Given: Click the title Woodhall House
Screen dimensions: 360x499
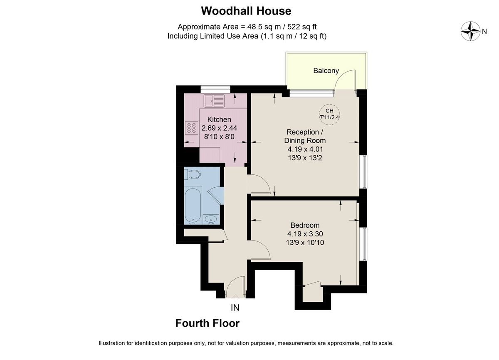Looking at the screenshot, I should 246,10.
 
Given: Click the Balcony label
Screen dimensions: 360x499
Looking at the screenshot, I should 326,71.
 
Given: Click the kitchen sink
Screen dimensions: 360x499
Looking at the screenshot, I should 214,99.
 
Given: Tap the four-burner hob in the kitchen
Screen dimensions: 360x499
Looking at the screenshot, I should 192,128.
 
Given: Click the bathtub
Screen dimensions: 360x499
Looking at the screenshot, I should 193,205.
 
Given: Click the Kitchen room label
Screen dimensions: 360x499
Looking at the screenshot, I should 219,119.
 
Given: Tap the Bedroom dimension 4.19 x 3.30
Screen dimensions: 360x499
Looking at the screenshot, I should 305,233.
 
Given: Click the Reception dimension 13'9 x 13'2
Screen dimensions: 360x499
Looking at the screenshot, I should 305,157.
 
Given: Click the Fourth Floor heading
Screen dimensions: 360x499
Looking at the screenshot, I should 208,323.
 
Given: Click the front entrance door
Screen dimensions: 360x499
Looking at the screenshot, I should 236,287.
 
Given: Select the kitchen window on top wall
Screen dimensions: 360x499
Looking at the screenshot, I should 215,88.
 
